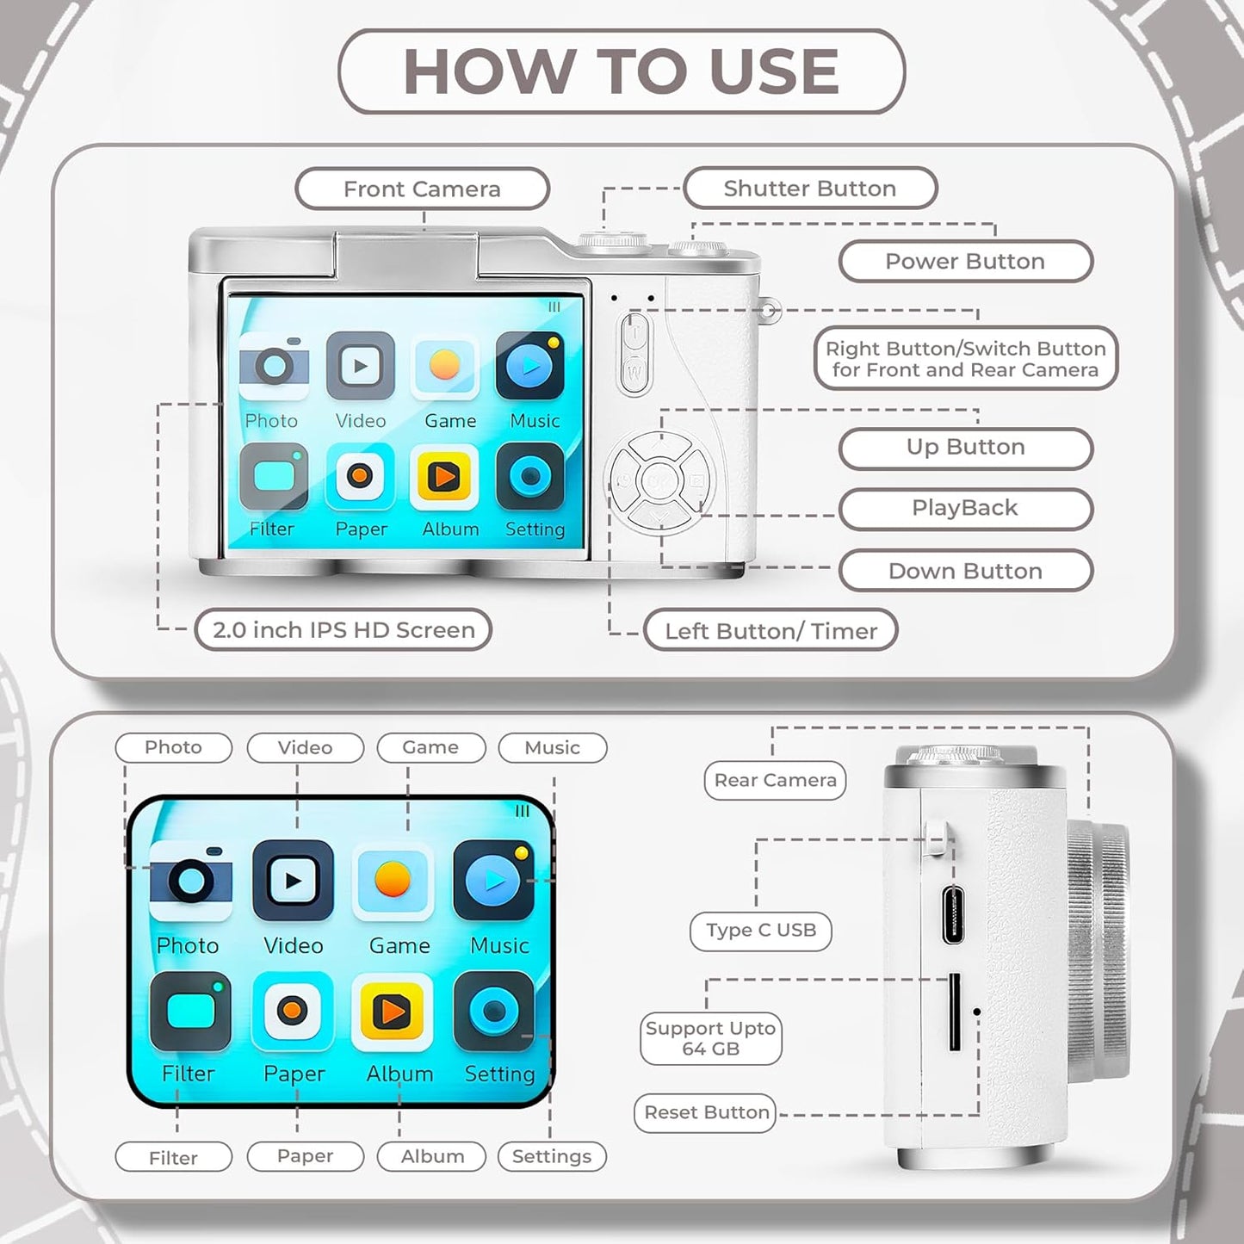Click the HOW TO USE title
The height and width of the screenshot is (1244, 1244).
pyautogui.click(x=621, y=71)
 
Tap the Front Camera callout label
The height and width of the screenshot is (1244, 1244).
pyautogui.click(x=422, y=189)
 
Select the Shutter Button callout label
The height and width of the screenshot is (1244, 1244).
pyautogui.click(x=809, y=189)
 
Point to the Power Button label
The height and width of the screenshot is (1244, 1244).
pyautogui.click(x=965, y=262)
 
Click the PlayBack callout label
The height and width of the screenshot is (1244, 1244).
pyautogui.click(x=965, y=508)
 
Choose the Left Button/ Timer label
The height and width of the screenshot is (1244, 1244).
pyautogui.click(x=771, y=631)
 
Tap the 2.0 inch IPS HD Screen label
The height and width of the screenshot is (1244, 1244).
pyautogui.click(x=343, y=630)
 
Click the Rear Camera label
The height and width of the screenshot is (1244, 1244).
pyautogui.click(x=775, y=781)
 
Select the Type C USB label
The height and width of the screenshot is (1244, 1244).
pyautogui.click(x=760, y=931)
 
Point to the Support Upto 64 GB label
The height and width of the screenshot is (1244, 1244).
pyautogui.click(x=711, y=1038)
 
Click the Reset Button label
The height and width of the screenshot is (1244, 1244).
pyautogui.click(x=706, y=1112)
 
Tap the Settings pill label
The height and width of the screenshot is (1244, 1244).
pyautogui.click(x=552, y=1155)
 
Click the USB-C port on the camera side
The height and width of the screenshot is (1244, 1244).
pyautogui.click(x=953, y=914)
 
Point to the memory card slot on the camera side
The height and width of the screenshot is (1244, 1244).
pyautogui.click(x=954, y=1012)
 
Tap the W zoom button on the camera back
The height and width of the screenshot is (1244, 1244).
pyautogui.click(x=634, y=372)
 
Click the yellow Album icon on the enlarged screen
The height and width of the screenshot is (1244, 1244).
pyautogui.click(x=393, y=1011)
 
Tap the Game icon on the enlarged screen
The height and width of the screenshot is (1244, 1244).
pyautogui.click(x=393, y=881)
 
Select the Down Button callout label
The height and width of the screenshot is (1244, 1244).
pyautogui.click(x=965, y=571)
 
